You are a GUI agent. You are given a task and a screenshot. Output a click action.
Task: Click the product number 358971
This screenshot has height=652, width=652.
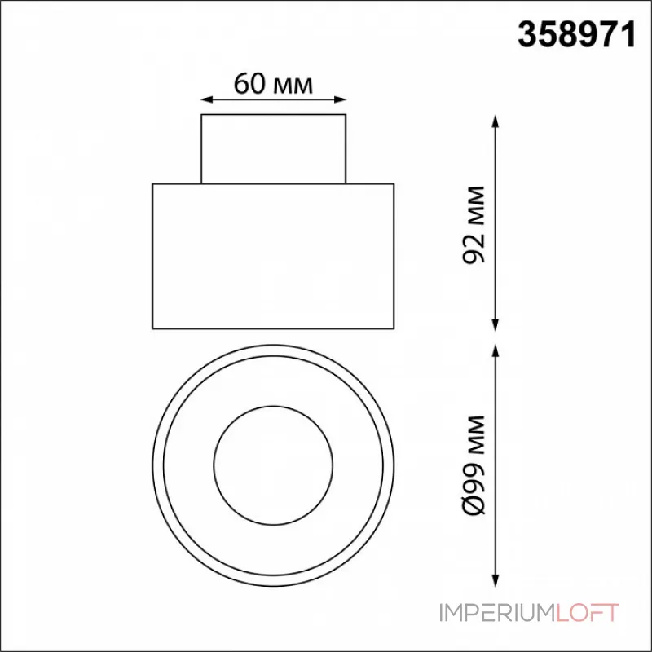577,35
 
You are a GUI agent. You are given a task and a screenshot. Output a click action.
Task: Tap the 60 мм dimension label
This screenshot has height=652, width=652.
273,84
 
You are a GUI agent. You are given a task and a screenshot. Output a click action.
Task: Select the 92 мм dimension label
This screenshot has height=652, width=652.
474,225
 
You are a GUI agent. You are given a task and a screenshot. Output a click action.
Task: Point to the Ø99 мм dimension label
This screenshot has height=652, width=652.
474,465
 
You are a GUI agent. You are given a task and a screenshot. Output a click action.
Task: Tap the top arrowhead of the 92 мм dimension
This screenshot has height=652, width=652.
495,121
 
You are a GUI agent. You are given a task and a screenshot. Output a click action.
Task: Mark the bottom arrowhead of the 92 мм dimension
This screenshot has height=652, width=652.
495,324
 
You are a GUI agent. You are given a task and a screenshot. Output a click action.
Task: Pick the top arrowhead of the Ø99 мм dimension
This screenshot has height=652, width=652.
495,350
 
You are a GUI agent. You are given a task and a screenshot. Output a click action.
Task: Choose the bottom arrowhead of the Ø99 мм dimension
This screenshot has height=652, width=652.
495,580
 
